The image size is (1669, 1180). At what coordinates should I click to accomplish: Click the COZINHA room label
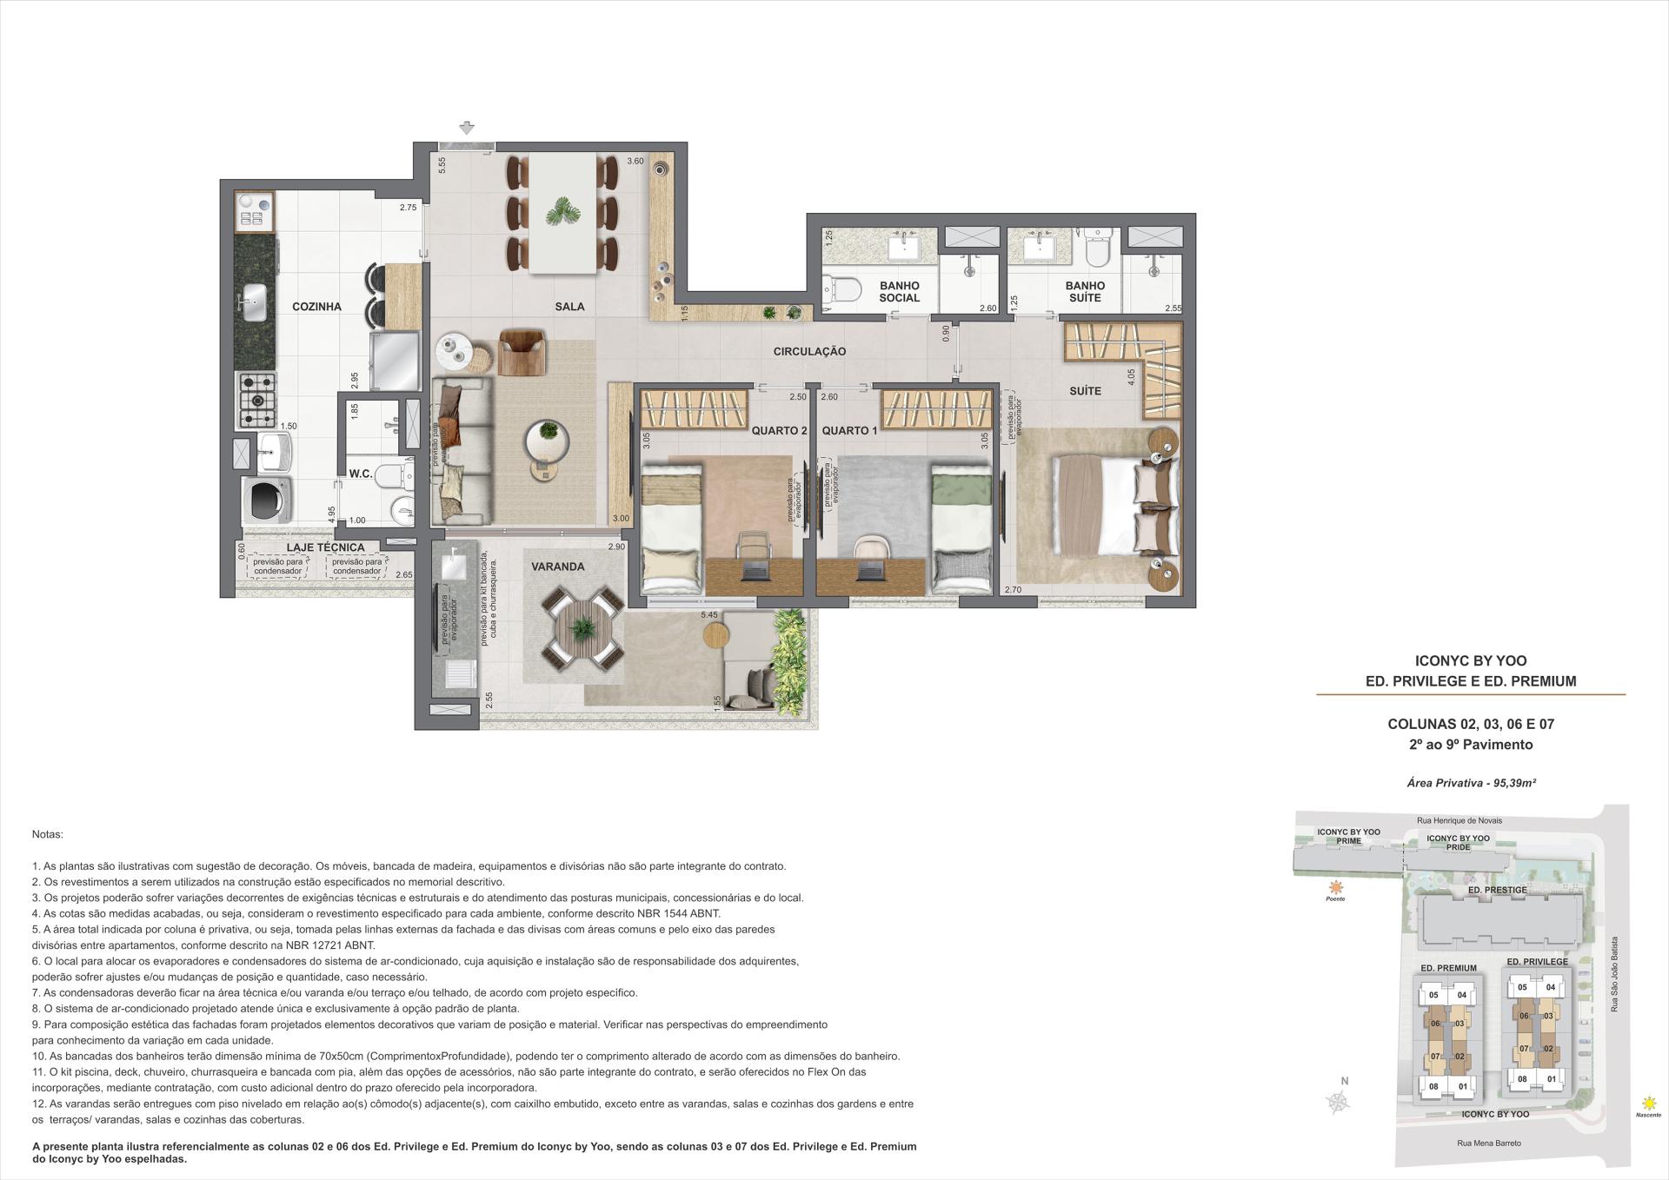click(x=316, y=307)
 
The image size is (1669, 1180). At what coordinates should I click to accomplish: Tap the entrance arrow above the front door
click(x=468, y=129)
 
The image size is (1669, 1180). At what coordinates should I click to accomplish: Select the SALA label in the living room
click(x=569, y=307)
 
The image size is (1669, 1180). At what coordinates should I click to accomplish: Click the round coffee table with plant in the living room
click(x=548, y=433)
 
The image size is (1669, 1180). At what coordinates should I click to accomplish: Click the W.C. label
click(x=361, y=474)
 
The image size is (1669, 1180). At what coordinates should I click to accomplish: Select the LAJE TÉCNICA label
click(x=325, y=547)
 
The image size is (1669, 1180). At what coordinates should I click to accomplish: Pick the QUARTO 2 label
click(x=780, y=430)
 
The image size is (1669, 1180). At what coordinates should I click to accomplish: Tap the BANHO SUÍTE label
click(x=1085, y=291)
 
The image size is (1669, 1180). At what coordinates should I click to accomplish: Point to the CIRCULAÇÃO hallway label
click(x=809, y=351)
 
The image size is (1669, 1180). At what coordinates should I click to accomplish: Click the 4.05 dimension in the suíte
click(x=1131, y=377)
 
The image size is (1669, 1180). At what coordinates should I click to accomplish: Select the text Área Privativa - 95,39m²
click(x=1471, y=783)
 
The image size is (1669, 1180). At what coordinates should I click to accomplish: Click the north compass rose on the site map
click(x=1339, y=1102)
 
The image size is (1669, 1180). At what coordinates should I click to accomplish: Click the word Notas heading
click(x=47, y=834)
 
